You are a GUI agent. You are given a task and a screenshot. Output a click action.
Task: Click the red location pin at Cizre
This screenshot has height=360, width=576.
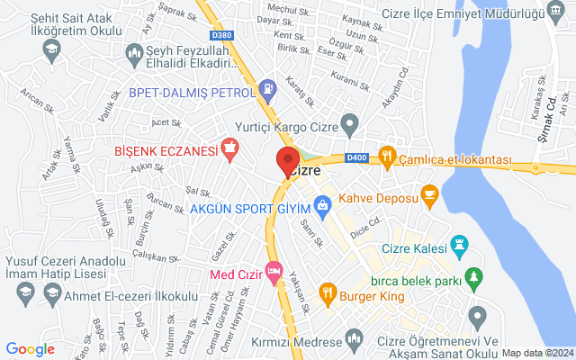(287, 163)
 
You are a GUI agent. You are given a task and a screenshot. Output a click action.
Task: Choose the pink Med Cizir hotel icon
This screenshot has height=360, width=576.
(274, 271)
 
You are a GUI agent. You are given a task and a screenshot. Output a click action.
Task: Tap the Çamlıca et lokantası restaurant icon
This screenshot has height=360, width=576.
(387, 157)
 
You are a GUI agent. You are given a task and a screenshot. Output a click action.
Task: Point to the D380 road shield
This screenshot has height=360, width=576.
(221, 35)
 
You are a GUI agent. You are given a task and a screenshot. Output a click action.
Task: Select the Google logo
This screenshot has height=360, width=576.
(30, 349)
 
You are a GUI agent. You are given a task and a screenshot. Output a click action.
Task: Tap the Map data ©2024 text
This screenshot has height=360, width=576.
(537, 353)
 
